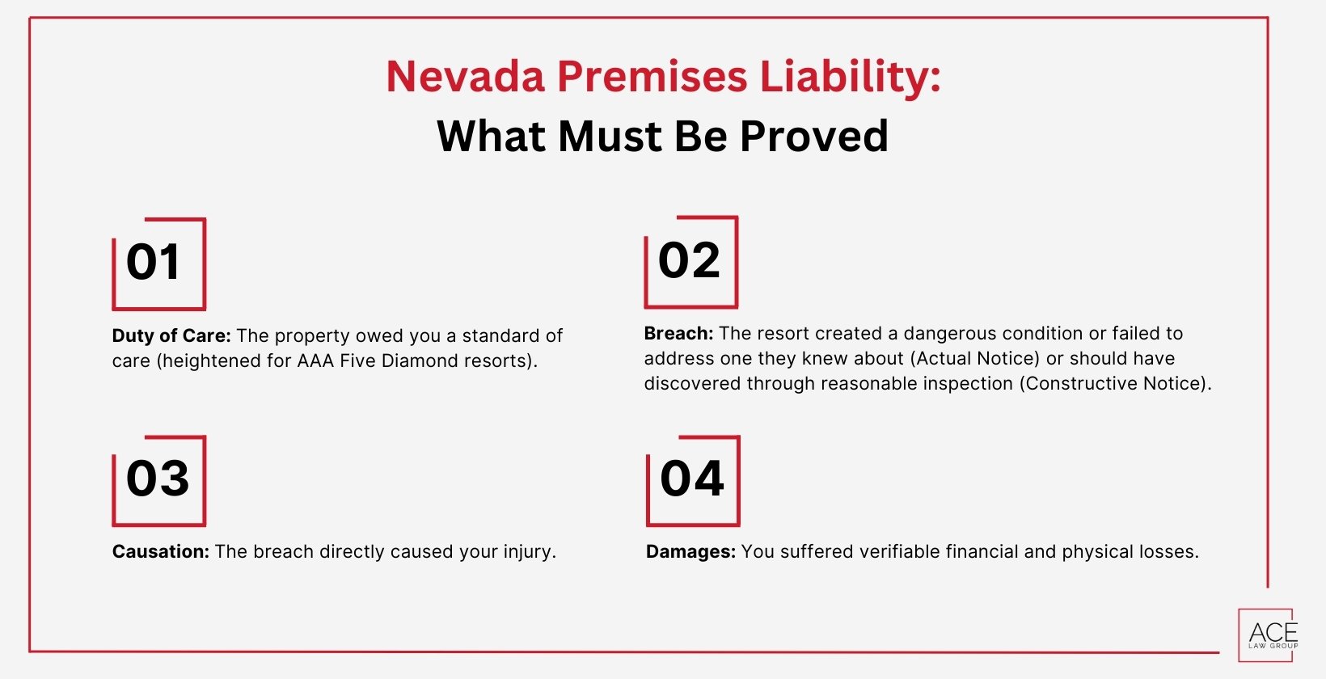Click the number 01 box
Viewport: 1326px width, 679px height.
(158, 264)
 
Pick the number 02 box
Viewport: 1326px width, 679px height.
(690, 262)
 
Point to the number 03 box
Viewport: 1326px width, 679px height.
(158, 480)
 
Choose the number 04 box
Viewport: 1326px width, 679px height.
(692, 480)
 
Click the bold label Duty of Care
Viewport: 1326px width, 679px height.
(171, 335)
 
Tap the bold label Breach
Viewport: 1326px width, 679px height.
(678, 333)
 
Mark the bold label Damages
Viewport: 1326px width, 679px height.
(690, 551)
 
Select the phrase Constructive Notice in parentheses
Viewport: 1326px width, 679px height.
(1115, 383)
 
